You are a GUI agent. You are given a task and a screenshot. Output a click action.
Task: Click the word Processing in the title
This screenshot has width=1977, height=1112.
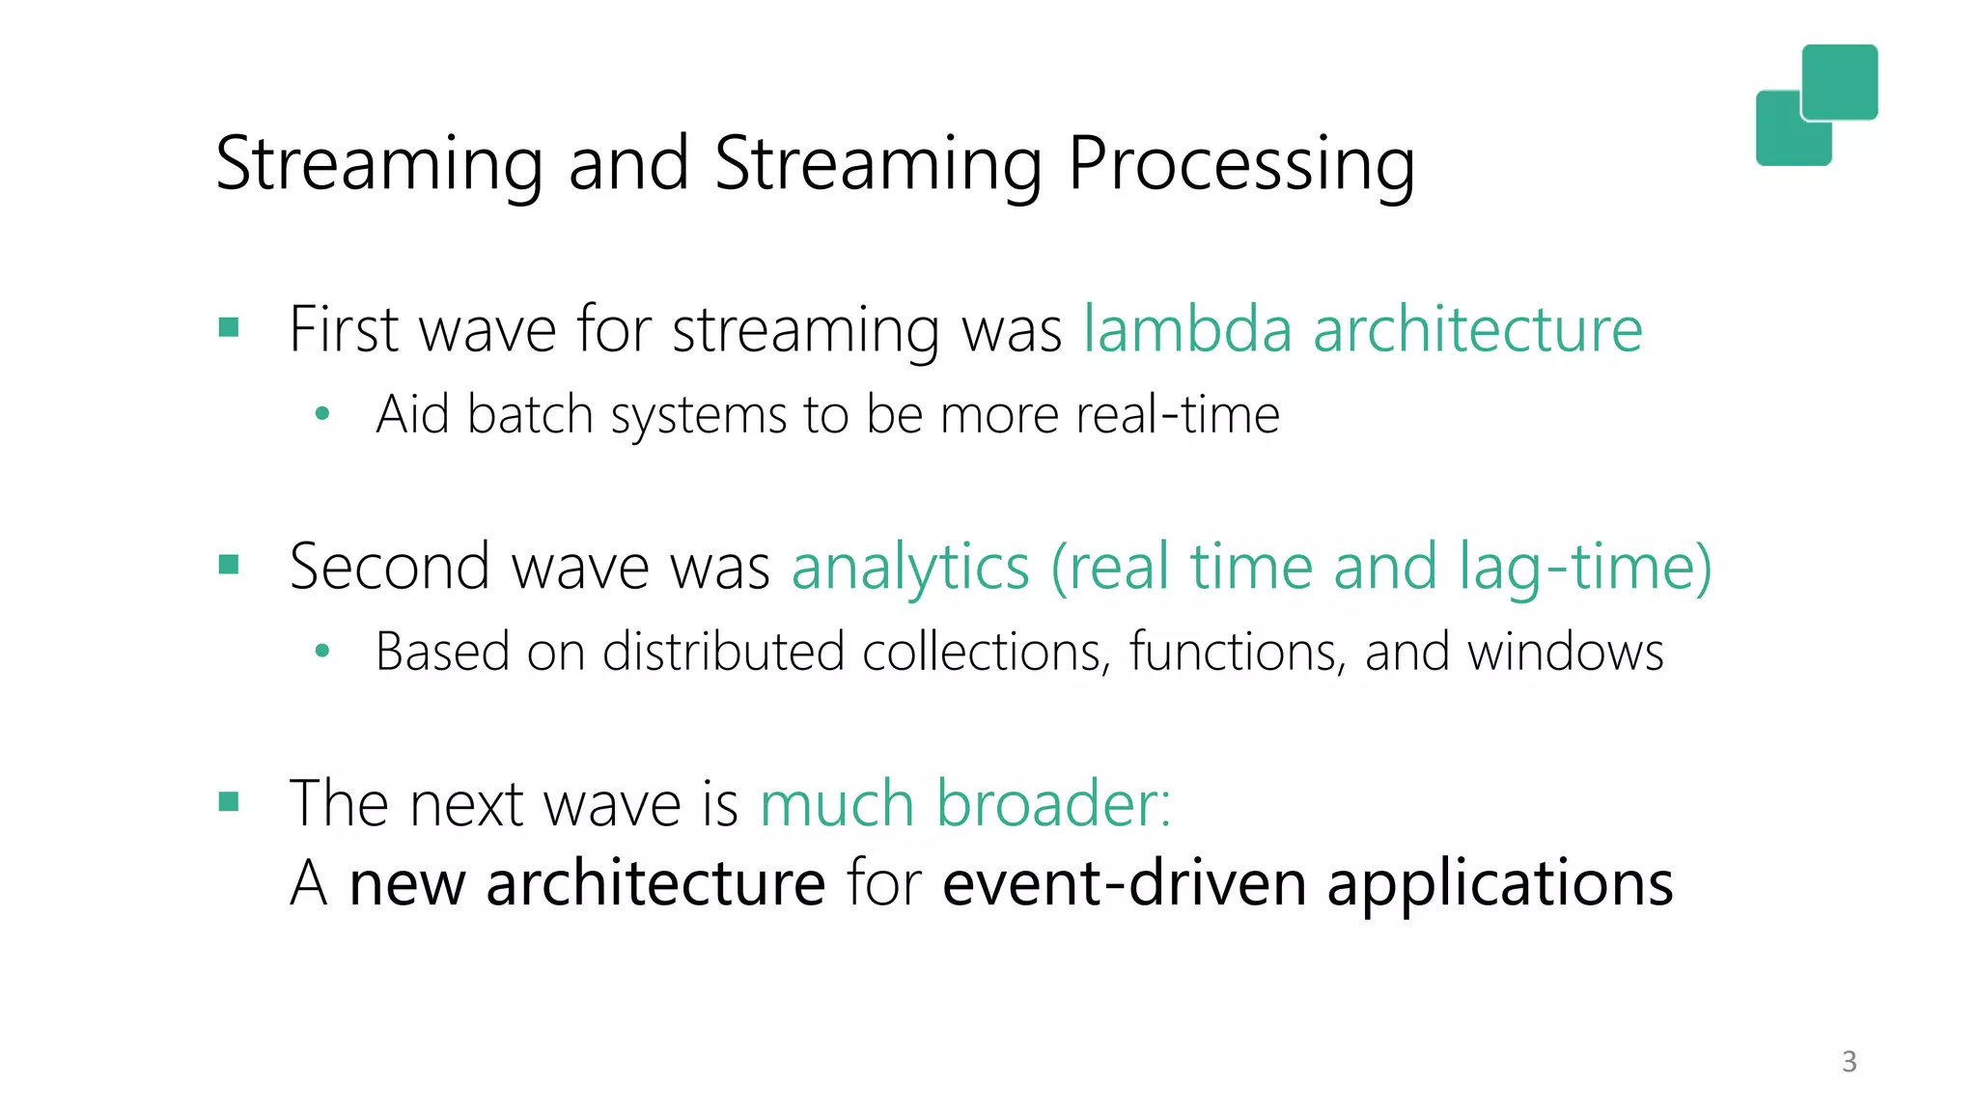(x=1241, y=164)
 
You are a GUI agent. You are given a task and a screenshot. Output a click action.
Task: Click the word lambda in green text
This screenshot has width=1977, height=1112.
(x=1187, y=329)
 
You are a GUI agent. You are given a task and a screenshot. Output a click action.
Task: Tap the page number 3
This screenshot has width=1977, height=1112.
(x=1849, y=1062)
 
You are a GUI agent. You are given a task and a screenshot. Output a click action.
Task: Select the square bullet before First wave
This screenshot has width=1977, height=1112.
(x=229, y=327)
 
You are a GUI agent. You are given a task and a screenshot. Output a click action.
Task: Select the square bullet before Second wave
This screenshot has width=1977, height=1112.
(x=229, y=564)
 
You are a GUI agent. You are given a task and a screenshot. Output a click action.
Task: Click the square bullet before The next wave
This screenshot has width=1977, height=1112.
(x=229, y=801)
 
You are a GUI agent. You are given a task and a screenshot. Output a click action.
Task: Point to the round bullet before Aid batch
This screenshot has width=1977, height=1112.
(x=322, y=415)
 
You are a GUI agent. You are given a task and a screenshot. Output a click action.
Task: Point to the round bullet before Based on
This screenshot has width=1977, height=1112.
(x=322, y=652)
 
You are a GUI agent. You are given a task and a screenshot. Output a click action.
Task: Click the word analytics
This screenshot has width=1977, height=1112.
(x=910, y=567)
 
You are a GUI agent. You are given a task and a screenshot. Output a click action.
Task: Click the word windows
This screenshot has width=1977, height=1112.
(x=1565, y=652)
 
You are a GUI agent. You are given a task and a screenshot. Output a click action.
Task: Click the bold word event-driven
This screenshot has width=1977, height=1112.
(x=1124, y=883)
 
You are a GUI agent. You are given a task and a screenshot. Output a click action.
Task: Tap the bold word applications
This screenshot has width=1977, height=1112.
(x=1499, y=883)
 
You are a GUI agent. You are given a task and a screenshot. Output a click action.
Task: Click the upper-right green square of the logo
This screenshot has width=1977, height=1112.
(x=1840, y=81)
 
